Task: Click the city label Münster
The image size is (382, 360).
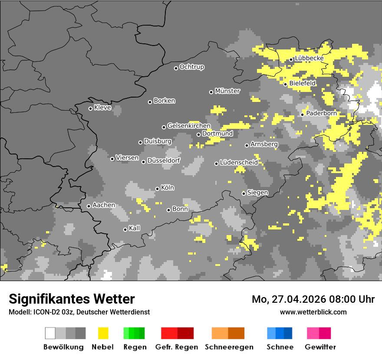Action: pos(227,91)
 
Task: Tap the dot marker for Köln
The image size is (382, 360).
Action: pos(157,189)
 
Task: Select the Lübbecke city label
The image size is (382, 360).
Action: pos(309,59)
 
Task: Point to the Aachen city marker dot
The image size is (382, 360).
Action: pos(89,206)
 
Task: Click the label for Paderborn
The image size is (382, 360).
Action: pos(321,114)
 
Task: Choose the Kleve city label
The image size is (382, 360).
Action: pos(102,108)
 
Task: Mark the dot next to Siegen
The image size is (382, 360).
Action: pos(244,193)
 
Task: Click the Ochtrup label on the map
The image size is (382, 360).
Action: pos(192,67)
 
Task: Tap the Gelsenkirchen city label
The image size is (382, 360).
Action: pos(189,126)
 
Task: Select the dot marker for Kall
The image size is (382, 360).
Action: pos(125,229)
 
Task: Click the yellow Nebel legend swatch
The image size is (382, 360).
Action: pos(103,333)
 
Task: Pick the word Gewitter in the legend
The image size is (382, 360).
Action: pos(320,347)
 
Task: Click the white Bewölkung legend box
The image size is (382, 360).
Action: pos(50,333)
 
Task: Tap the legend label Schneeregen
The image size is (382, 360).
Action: pos(229,347)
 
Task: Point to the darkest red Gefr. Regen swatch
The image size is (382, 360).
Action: pos(185,333)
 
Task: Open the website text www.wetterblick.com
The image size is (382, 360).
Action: pos(313,312)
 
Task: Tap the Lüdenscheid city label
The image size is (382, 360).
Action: pos(239,163)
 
